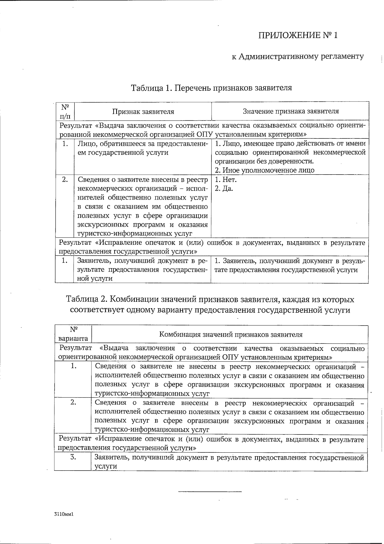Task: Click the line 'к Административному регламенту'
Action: pos(298,57)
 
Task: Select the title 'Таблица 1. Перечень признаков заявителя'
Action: pos(211,87)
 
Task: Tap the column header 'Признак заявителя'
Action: pos(143,111)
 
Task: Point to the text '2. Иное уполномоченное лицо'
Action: pos(264,170)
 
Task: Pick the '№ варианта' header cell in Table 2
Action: pos(73,334)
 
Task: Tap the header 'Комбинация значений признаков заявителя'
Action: pos(231,334)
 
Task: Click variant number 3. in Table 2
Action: pos(73,457)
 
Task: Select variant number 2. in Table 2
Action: pos(73,403)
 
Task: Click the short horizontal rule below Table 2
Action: pos(210,491)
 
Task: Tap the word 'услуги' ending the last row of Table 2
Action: pos(105,466)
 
